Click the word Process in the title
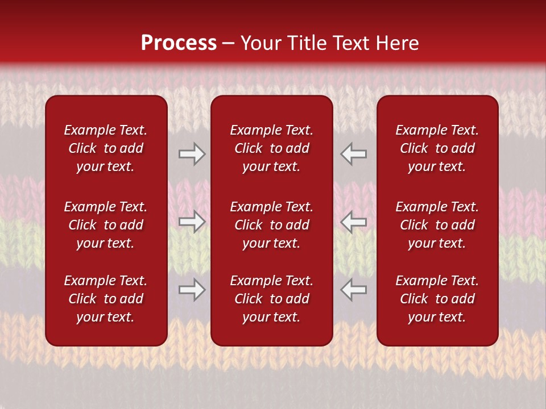point(179,43)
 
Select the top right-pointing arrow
point(192,154)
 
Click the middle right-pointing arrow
point(192,222)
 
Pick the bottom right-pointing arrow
point(192,290)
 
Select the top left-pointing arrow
point(353,154)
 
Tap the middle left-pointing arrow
point(353,222)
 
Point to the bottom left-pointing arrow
point(353,290)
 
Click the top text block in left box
point(106,148)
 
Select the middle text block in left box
point(106,225)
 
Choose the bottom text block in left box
point(106,299)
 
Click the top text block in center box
point(271,148)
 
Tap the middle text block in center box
point(271,225)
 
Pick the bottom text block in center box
point(271,299)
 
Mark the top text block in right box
point(437,148)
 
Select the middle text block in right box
point(437,225)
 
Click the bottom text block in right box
point(437,299)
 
